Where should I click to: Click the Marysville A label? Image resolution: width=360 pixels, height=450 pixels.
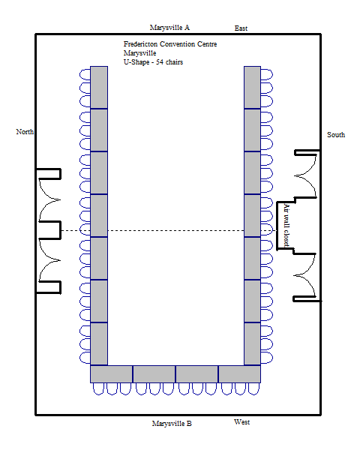[169, 28]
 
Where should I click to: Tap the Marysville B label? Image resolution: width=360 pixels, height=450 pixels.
[172, 424]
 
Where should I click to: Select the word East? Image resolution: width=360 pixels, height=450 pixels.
[241, 28]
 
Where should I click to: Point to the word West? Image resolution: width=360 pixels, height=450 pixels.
[241, 422]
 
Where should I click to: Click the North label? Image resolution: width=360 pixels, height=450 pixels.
[25, 132]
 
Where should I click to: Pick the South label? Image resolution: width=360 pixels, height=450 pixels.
[336, 134]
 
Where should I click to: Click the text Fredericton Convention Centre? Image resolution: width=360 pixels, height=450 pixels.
[170, 44]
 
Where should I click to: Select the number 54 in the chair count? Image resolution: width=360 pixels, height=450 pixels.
[160, 62]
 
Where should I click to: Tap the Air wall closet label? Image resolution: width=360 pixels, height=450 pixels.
[286, 225]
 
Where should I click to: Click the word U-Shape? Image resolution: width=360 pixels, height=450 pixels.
[136, 62]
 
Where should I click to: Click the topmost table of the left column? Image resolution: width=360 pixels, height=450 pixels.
[99, 88]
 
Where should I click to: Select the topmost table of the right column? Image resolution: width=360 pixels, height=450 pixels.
[252, 88]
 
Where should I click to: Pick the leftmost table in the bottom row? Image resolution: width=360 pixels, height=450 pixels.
[112, 374]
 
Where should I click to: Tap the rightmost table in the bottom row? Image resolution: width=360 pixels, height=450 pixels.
[239, 374]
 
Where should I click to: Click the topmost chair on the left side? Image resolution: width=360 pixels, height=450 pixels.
[85, 74]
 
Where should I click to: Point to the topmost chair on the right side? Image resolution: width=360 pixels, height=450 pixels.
[267, 74]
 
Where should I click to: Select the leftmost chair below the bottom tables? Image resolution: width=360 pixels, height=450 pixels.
[98, 388]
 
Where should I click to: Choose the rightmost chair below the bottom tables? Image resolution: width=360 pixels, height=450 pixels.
[253, 388]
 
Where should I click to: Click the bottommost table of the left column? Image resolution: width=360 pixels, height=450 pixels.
[99, 343]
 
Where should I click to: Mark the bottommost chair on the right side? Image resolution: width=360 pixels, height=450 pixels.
[267, 358]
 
